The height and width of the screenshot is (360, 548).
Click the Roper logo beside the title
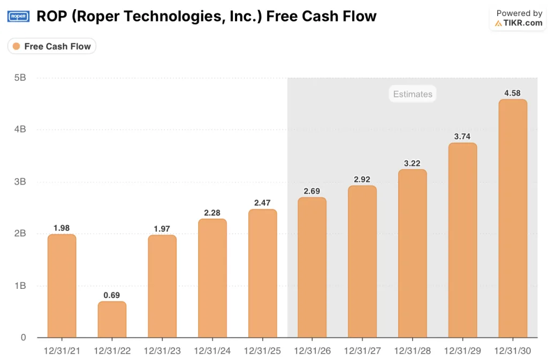[x=18, y=17]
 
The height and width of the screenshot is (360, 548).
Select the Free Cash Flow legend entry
[x=51, y=47]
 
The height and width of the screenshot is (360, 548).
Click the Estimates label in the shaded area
[x=412, y=94]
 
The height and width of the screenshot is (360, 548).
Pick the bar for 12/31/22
[x=112, y=319]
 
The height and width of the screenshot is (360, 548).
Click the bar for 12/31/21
[x=62, y=286]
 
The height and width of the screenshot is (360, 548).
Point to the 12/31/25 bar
[x=263, y=273]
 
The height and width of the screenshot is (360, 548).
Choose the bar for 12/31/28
[x=413, y=254]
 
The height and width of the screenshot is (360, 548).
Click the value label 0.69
[x=112, y=295]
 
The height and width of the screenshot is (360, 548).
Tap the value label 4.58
[x=513, y=93]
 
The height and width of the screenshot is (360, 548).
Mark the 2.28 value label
[x=212, y=213]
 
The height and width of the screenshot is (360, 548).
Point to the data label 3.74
[x=462, y=136]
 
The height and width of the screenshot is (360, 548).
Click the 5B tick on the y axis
[x=20, y=78]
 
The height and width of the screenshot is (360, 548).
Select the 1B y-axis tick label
[x=20, y=286]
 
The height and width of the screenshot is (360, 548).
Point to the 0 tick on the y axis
[x=23, y=338]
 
